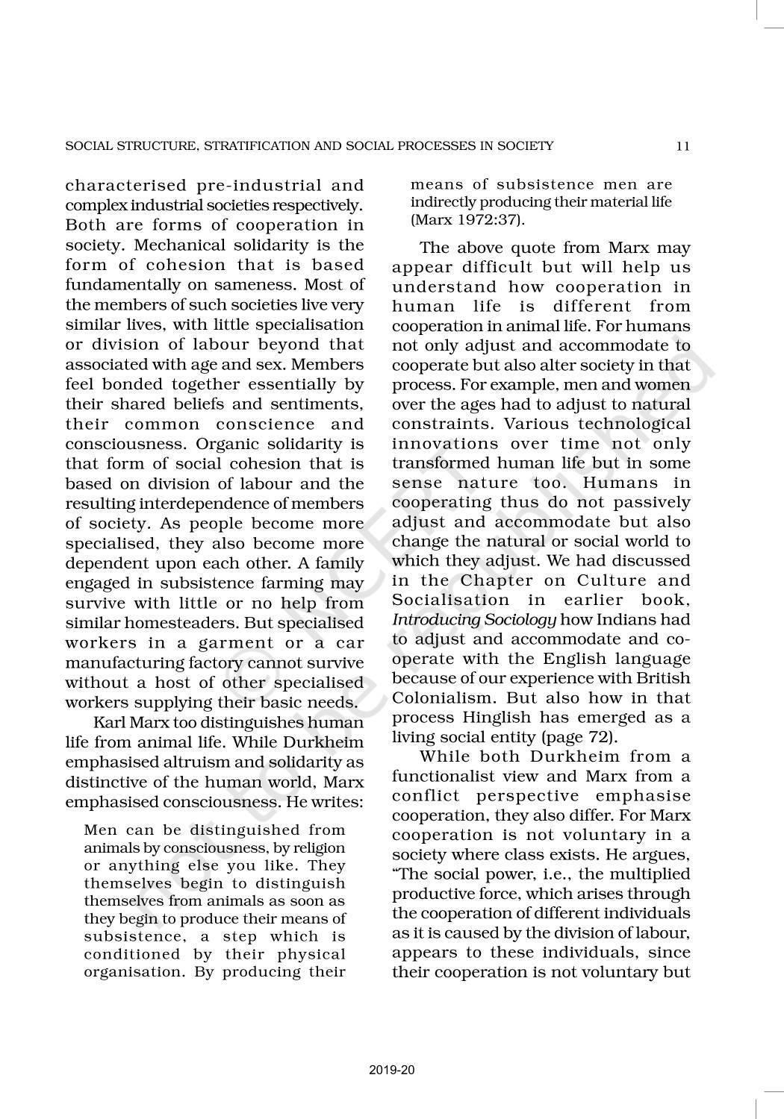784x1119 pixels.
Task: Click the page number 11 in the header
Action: point(682,146)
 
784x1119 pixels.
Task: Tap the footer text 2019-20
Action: point(392,1070)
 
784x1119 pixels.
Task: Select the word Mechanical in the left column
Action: point(173,245)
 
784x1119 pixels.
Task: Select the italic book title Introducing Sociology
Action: point(474,620)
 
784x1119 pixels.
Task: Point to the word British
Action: point(664,679)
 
